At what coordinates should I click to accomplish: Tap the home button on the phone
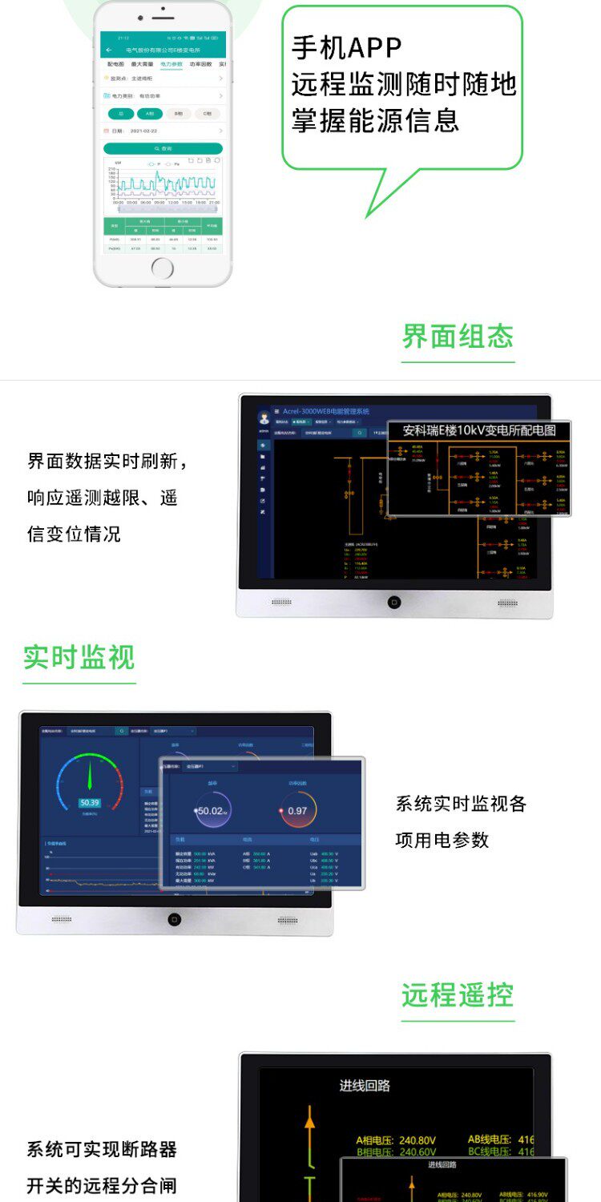click(163, 268)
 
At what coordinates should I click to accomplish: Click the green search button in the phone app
click(163, 149)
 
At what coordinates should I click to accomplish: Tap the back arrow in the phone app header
click(109, 50)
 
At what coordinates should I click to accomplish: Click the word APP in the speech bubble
click(373, 48)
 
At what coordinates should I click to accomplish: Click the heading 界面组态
click(458, 337)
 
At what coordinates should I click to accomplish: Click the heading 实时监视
click(79, 658)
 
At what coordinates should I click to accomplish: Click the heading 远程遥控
click(458, 995)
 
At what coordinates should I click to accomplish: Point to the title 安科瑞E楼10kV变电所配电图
click(478, 431)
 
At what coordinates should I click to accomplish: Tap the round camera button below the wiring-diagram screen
click(393, 602)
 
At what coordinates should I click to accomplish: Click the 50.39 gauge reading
click(89, 803)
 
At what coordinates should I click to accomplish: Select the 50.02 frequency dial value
click(212, 810)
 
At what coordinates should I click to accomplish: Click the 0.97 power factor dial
click(297, 810)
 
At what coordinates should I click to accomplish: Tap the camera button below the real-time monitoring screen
click(174, 919)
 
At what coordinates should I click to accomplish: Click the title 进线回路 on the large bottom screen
click(365, 1086)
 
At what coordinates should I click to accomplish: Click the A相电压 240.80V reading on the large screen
click(396, 1140)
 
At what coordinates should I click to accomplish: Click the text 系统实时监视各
click(461, 804)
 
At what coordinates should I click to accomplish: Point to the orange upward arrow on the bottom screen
click(310, 1120)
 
